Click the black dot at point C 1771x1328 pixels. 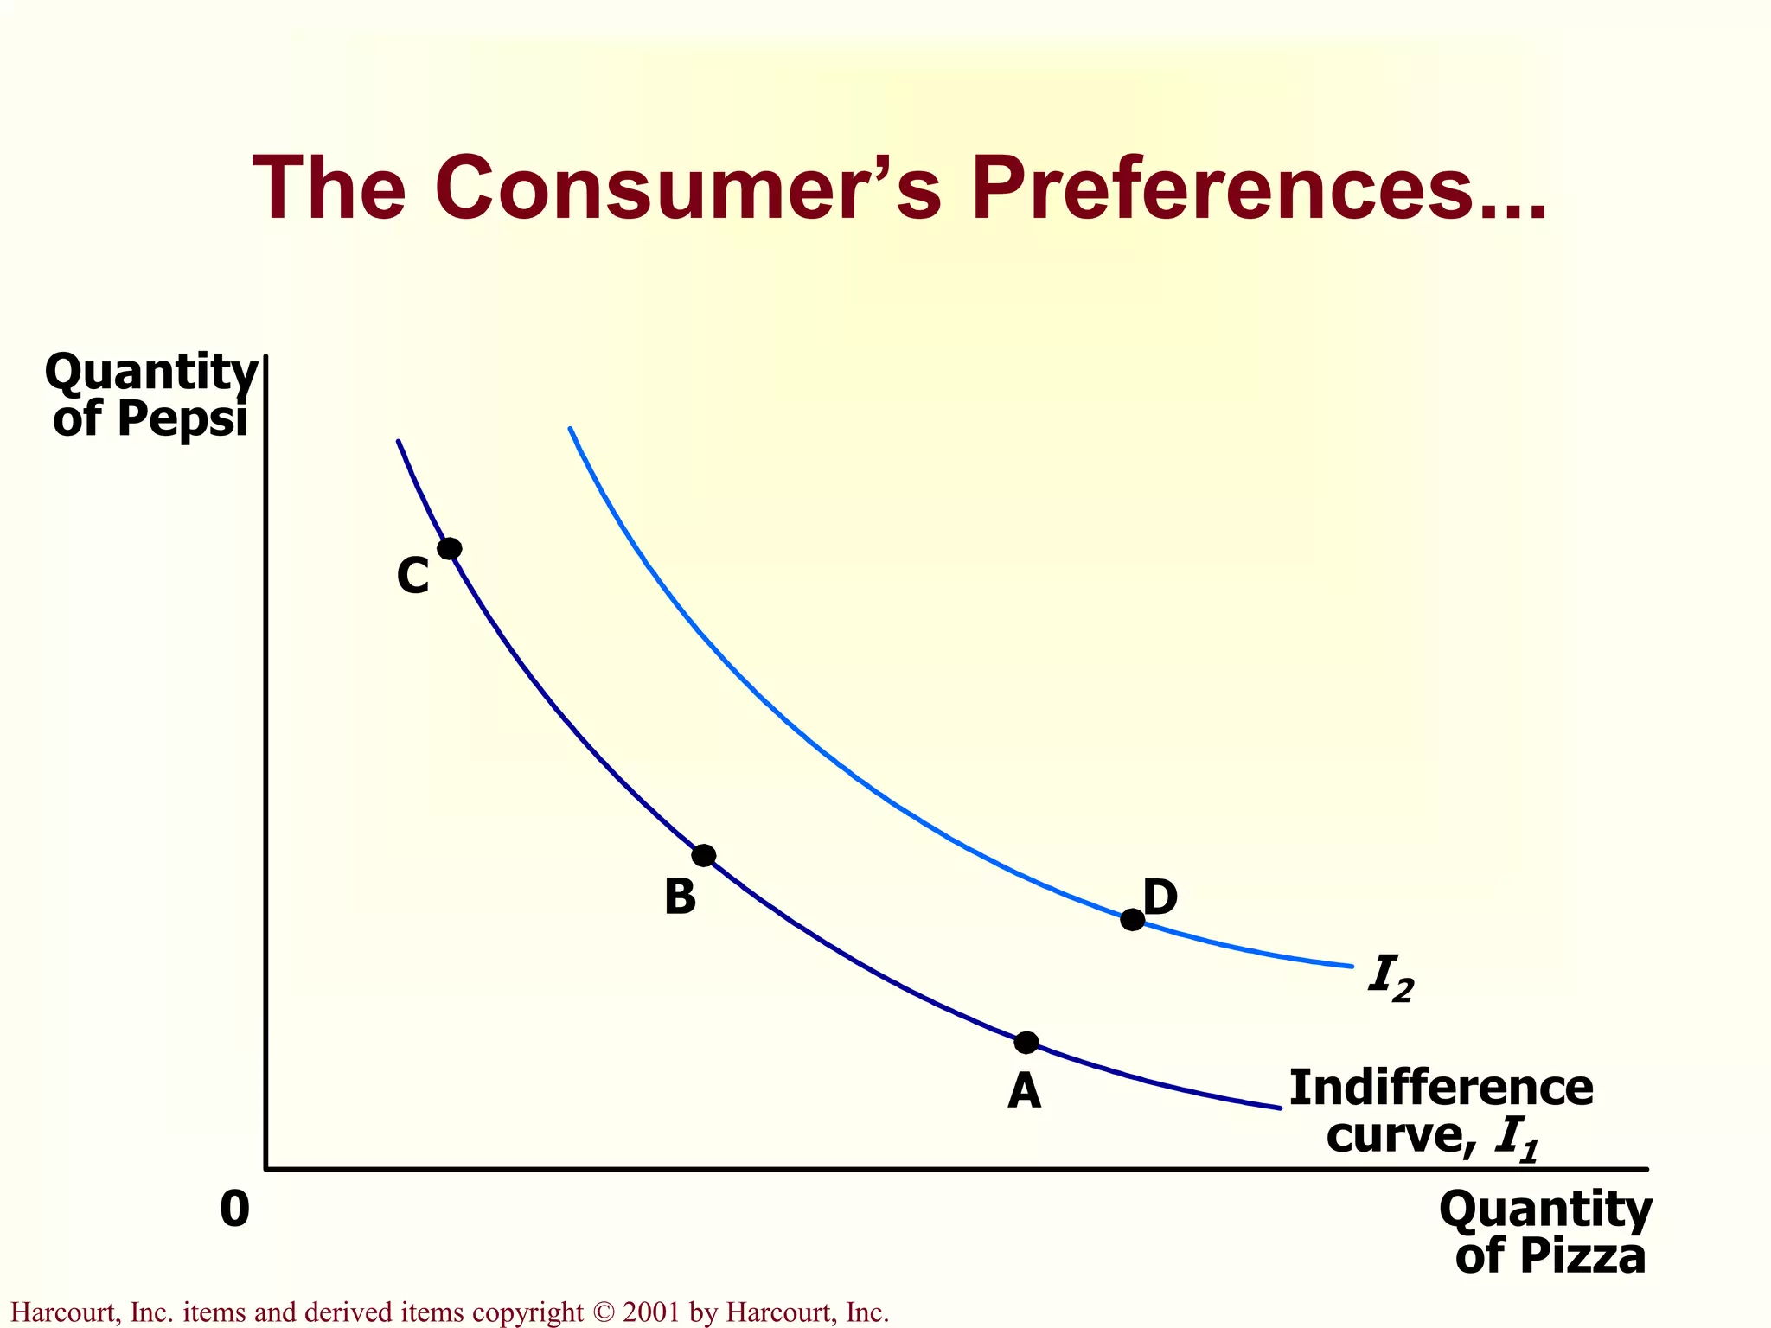click(x=450, y=548)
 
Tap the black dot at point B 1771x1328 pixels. click(x=704, y=856)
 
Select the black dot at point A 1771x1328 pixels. click(x=1026, y=1043)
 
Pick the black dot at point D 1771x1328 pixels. click(x=1132, y=920)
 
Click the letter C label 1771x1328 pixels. click(x=413, y=576)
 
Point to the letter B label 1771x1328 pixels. click(x=680, y=897)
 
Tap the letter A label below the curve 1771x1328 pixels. click(x=1024, y=1091)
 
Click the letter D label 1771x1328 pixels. click(x=1160, y=897)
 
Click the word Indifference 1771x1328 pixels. click(x=1441, y=1088)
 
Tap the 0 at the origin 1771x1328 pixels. click(x=234, y=1210)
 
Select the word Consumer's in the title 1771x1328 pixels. click(x=687, y=188)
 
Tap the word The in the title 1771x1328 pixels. click(x=329, y=188)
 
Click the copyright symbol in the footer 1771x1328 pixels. click(x=603, y=1312)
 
